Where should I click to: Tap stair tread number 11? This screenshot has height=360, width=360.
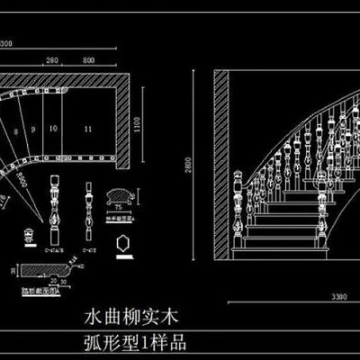click(x=87, y=130)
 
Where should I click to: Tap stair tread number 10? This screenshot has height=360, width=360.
click(x=53, y=130)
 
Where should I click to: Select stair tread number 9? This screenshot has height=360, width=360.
click(x=33, y=130)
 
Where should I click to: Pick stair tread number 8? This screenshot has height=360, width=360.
click(x=15, y=131)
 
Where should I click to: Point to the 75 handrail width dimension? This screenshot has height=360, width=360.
click(x=119, y=208)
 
